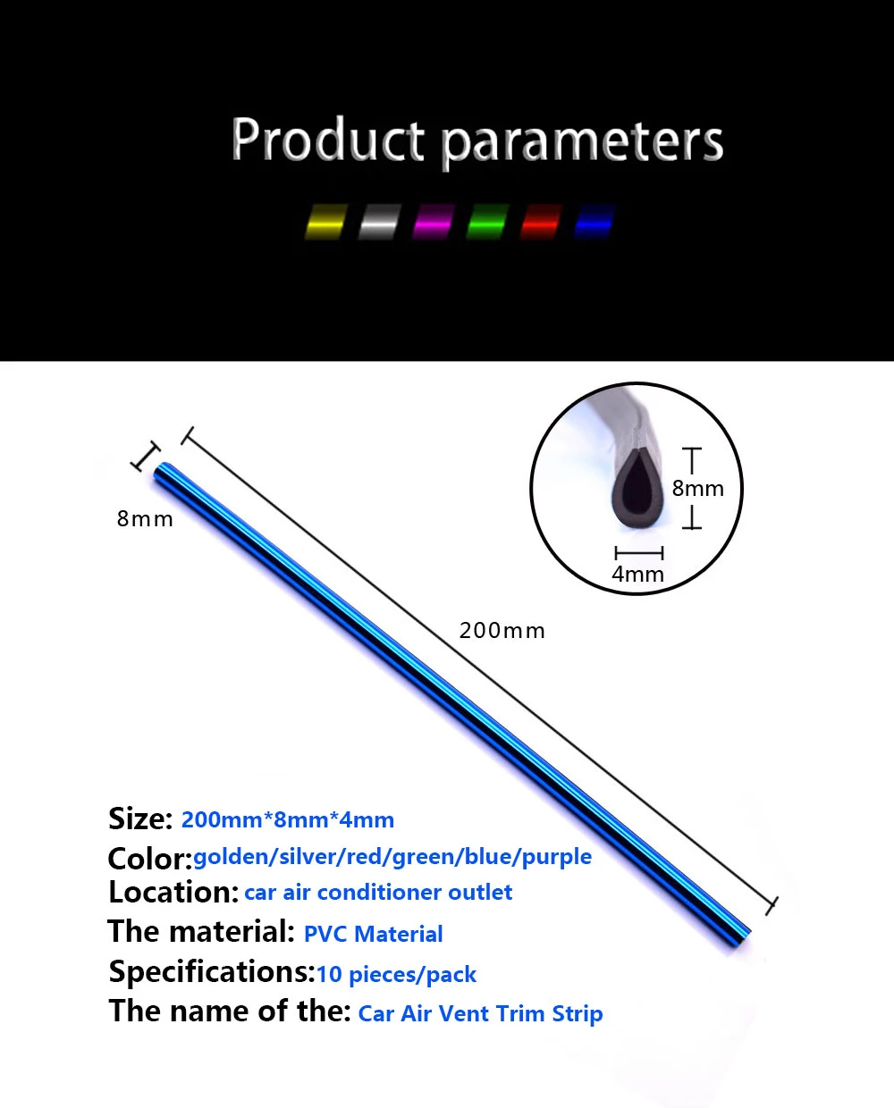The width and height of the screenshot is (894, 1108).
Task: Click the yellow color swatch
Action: (326, 222)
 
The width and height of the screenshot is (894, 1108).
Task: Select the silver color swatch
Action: (380, 222)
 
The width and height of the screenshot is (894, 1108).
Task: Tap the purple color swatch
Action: (434, 222)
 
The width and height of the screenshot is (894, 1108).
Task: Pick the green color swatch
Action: (487, 222)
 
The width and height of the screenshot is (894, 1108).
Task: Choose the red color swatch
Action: (541, 222)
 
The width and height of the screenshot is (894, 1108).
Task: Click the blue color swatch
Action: (595, 222)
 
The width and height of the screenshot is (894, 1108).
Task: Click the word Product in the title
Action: (328, 139)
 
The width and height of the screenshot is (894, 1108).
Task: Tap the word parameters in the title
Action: (583, 144)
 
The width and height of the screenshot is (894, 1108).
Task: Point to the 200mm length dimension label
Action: (502, 631)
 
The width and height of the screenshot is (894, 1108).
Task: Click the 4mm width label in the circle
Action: (638, 574)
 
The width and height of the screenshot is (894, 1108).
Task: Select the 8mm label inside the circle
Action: (697, 489)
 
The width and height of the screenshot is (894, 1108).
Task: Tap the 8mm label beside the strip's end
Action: (145, 519)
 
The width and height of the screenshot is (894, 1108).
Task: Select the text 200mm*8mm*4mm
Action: (288, 819)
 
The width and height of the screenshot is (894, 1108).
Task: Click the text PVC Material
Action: (373, 934)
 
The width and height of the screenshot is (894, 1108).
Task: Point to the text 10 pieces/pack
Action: (396, 975)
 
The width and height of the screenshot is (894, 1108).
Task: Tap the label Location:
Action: (173, 893)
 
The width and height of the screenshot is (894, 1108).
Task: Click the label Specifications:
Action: (212, 972)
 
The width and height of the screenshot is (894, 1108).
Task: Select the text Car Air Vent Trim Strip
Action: (480, 1013)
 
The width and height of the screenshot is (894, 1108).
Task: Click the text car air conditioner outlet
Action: (378, 893)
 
